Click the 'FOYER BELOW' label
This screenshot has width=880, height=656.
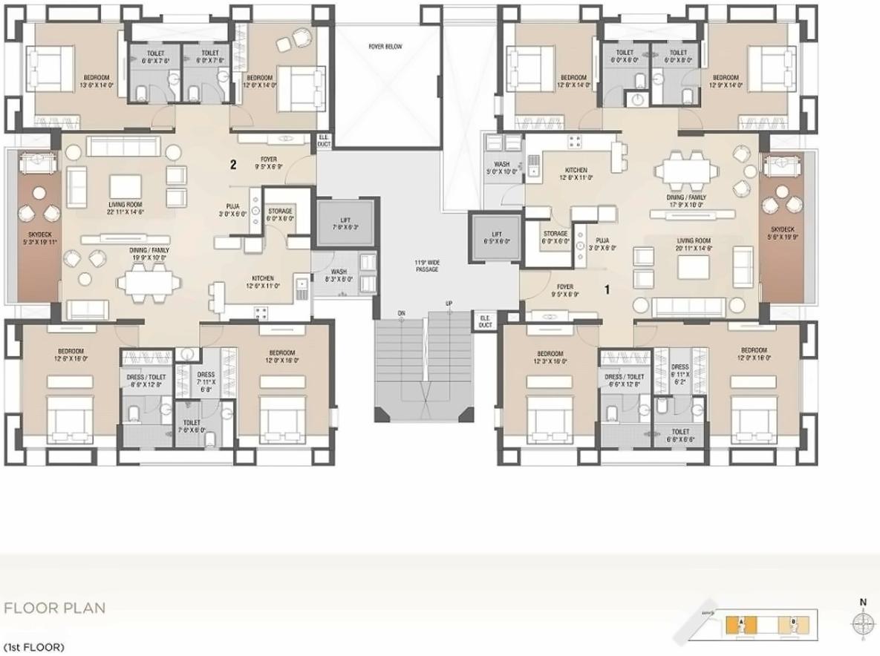385,47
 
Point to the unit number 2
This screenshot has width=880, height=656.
233,165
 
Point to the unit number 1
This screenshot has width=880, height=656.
607,290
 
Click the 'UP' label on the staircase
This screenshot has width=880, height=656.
449,304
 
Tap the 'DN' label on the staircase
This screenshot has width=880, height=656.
401,312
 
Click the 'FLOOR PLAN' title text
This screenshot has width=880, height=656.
54,609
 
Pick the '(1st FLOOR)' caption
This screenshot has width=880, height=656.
33,647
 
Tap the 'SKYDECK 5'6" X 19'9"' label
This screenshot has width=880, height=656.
786,233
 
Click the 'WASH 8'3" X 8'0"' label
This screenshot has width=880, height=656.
339,276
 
